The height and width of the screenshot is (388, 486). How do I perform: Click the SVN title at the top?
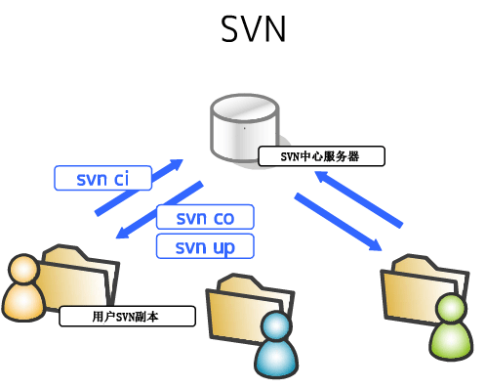click(x=253, y=29)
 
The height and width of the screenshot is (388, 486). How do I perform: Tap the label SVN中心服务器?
click(x=321, y=155)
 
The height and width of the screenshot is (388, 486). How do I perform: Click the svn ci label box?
click(x=102, y=178)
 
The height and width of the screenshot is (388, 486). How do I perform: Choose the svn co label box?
click(x=205, y=217)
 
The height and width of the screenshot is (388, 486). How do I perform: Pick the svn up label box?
click(x=205, y=246)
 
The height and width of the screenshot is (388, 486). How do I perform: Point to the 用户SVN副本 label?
click(x=127, y=317)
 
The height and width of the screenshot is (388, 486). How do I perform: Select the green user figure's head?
click(x=451, y=310)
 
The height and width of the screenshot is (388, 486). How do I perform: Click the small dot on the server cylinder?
click(x=243, y=127)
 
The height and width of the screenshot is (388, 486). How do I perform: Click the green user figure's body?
click(x=450, y=340)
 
